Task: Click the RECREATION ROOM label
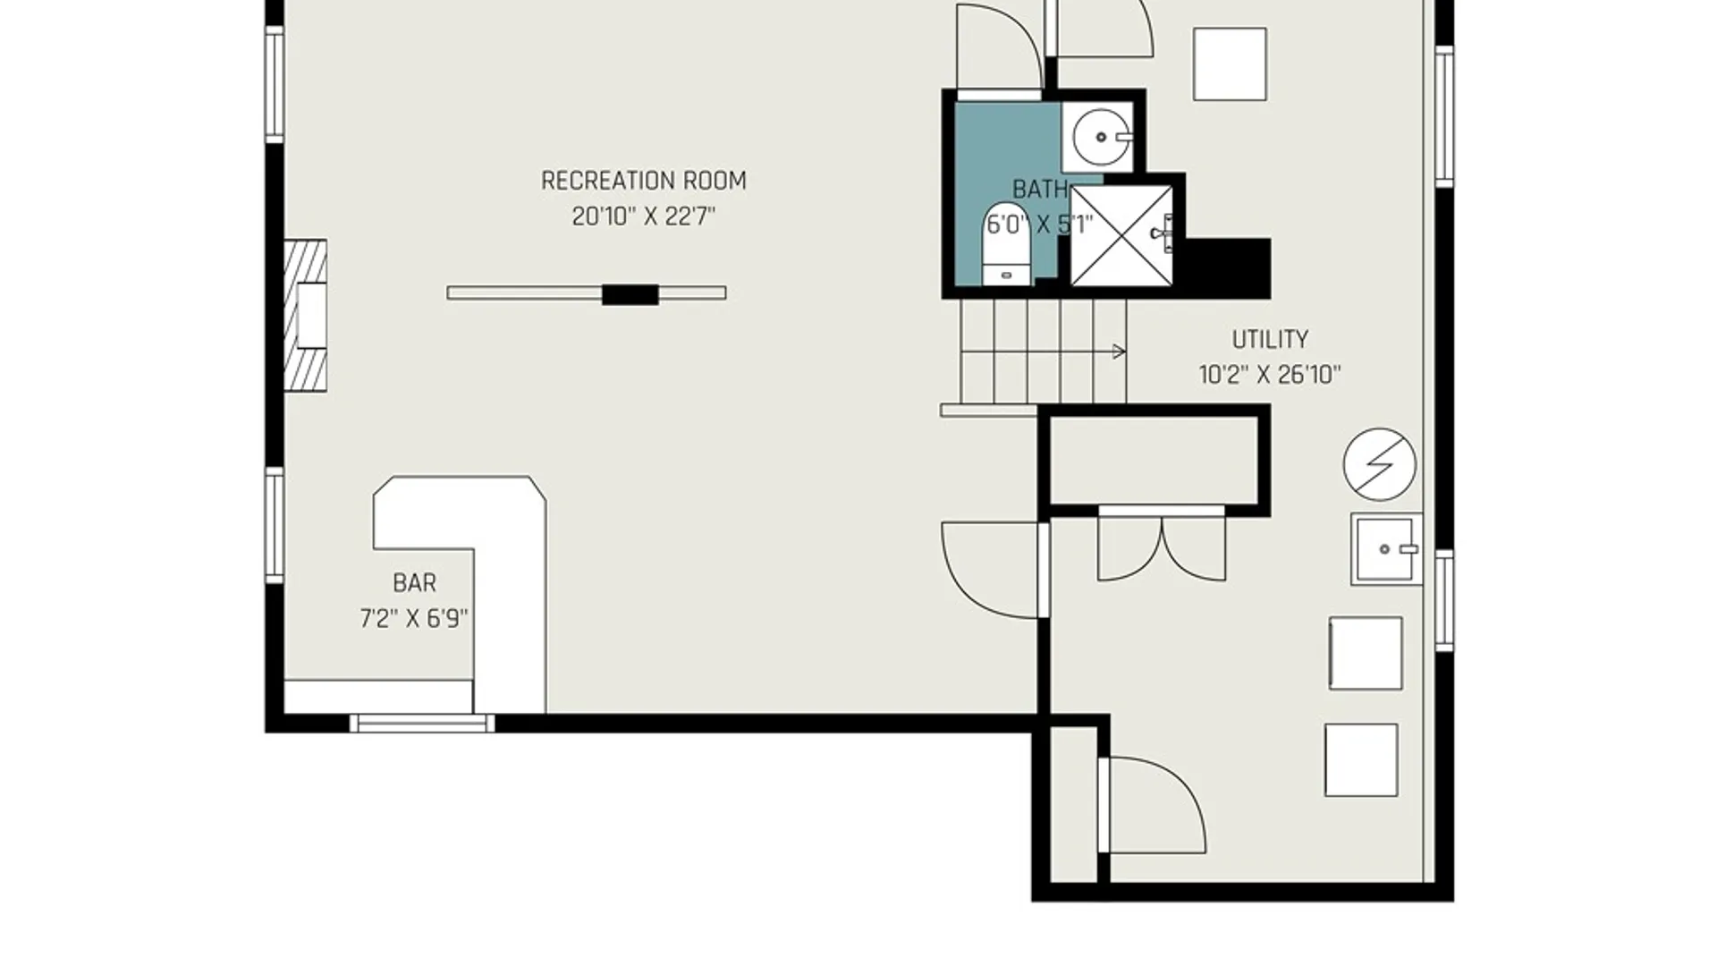pos(644,181)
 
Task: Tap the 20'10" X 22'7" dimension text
pos(644,216)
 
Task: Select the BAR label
pos(415,583)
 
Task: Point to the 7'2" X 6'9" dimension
pos(414,619)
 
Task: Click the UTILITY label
pos(1270,340)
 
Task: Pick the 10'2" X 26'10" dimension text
pos(1270,375)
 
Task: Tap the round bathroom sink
pos(1101,137)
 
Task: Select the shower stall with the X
pos(1121,236)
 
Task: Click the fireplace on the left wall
pos(306,315)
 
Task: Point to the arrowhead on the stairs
pos(1119,352)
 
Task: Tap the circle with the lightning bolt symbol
pos(1380,464)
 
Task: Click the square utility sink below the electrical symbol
pos(1386,549)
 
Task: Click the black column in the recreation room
pos(630,294)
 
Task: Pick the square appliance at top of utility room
pos(1230,64)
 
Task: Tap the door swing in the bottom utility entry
pos(1154,805)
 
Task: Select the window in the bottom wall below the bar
pos(421,724)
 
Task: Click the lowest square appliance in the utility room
pos(1361,760)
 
